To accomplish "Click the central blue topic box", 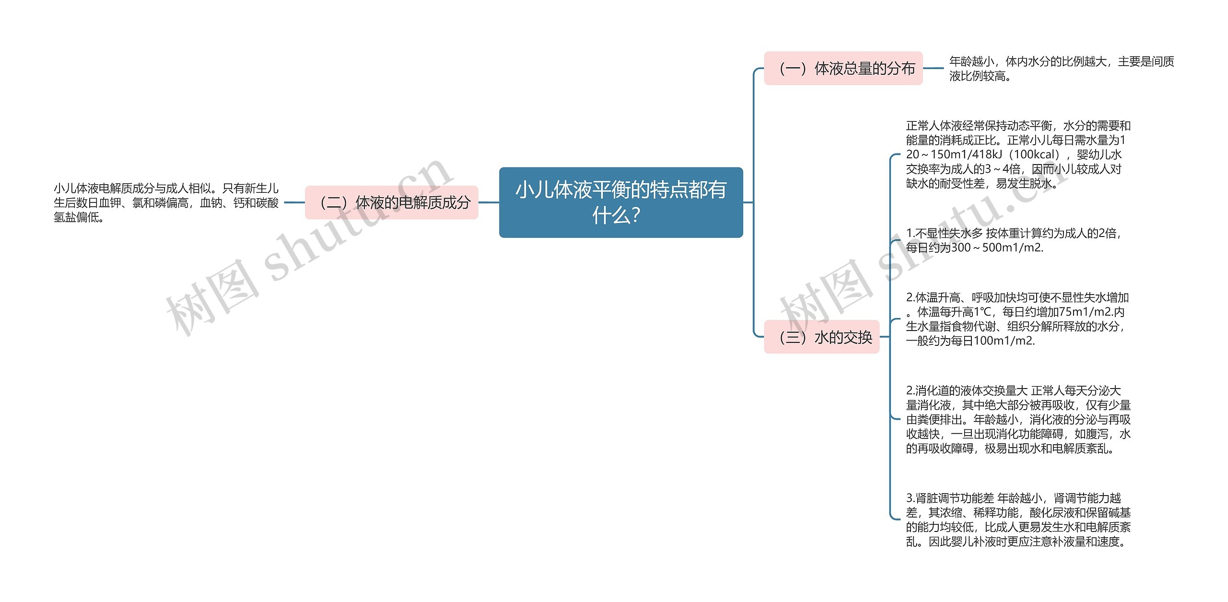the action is tap(621, 202).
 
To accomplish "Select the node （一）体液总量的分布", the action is tap(843, 69).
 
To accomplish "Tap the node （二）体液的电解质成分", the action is tap(391, 202).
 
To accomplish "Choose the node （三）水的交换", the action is tap(821, 337).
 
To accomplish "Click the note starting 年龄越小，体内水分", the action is tap(1061, 69).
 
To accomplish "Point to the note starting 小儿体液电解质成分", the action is tap(166, 202).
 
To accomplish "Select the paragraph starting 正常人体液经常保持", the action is tap(1017, 154).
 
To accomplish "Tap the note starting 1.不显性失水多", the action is tap(1013, 240).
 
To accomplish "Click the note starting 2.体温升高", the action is tap(1016, 319).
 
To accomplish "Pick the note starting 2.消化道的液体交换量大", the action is tap(1018, 419).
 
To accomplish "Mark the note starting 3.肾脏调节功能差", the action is tap(1018, 520).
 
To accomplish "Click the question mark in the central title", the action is tap(636, 215).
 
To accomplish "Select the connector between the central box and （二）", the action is tap(488, 202).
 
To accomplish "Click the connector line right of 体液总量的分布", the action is tap(933, 69).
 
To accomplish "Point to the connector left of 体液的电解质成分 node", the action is tap(294, 202).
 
